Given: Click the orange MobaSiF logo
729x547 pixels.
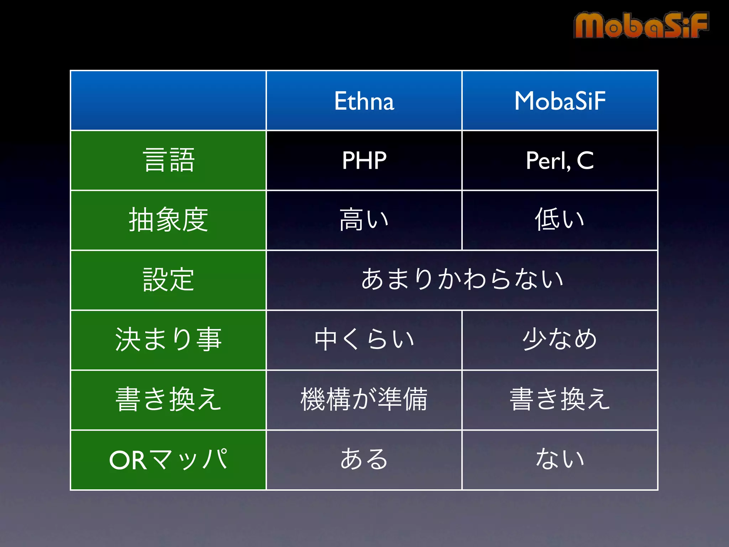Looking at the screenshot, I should pyautogui.click(x=641, y=25).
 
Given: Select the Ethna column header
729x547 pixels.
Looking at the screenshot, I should pyautogui.click(x=364, y=101).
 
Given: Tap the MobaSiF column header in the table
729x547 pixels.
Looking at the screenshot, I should pyautogui.click(x=560, y=101).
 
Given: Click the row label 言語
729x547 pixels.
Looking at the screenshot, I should pyautogui.click(x=168, y=161).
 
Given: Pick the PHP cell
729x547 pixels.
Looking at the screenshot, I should pyautogui.click(x=364, y=161).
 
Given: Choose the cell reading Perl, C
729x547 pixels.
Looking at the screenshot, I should pyautogui.click(x=560, y=161).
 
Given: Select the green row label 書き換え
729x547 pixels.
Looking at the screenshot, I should pyautogui.click(x=168, y=400).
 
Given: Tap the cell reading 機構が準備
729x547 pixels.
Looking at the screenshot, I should pyautogui.click(x=364, y=400).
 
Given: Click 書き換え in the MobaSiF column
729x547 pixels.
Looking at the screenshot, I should pyautogui.click(x=560, y=400).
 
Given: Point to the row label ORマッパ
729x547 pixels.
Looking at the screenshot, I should pyautogui.click(x=168, y=460).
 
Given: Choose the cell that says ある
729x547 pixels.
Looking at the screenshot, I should pyautogui.click(x=364, y=460).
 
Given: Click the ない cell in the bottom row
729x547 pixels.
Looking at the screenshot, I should pyautogui.click(x=560, y=460).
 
